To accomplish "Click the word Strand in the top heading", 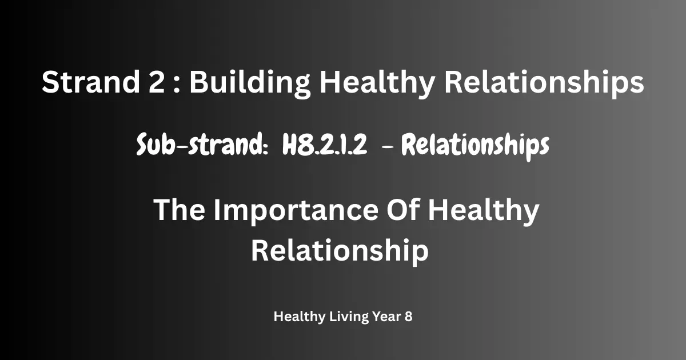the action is click(91, 82).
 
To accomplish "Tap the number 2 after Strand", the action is click(157, 81).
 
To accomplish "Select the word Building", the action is click(250, 83).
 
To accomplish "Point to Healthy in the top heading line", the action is click(377, 83).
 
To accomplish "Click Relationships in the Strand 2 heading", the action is click(544, 83).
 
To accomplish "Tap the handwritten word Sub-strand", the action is click(202, 145).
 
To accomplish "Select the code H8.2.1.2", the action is click(324, 145).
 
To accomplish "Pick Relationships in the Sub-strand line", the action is click(475, 146).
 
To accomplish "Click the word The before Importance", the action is click(179, 210).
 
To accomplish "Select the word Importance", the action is click(296, 212).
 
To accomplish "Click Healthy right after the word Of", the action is click(483, 212).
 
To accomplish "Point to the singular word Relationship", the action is click(340, 251).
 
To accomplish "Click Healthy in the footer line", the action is click(299, 317).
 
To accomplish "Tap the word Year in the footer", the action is click(387, 317).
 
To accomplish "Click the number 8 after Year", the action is click(408, 317).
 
